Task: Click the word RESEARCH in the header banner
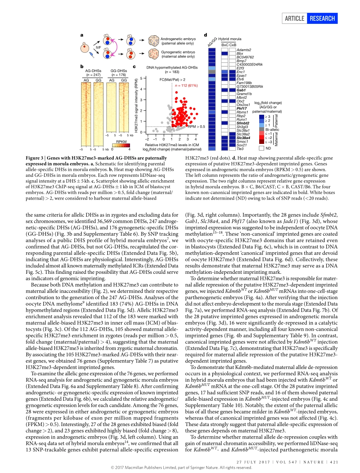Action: [x=322, y=18]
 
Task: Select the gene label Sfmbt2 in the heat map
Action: [x=243, y=123]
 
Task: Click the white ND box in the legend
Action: [x=261, y=148]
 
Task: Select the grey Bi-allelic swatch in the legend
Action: [x=261, y=130]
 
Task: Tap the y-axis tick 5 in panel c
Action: [x=141, y=78]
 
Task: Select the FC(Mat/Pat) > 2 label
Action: [x=172, y=80]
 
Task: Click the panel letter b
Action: [x=81, y=66]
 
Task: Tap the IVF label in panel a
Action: [x=98, y=48]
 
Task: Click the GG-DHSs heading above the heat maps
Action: [x=119, y=70]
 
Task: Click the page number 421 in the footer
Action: [x=333, y=462]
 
